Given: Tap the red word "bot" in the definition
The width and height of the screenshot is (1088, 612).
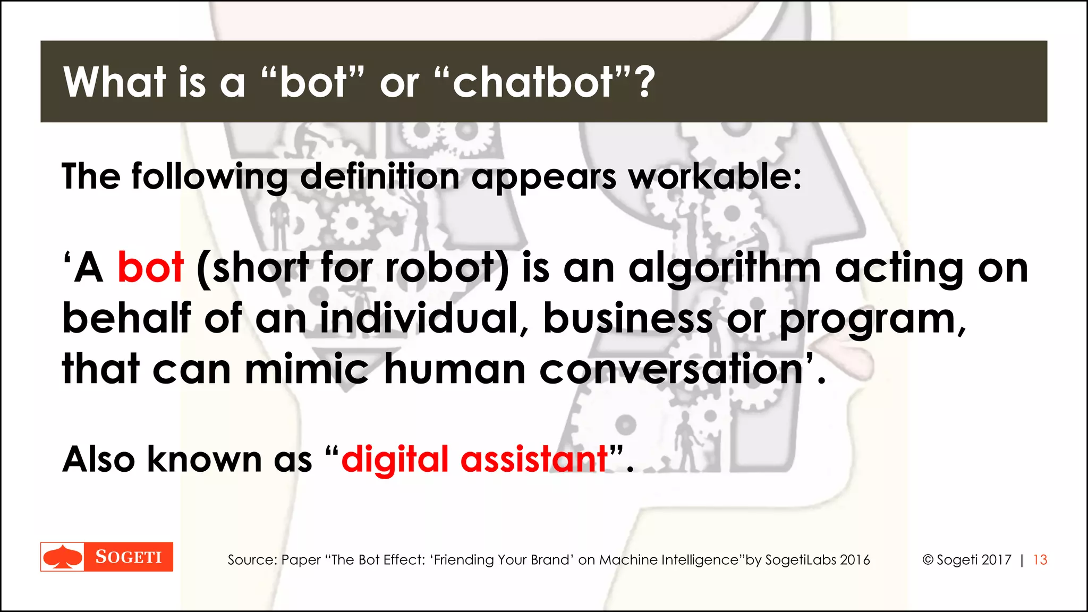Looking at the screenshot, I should pyautogui.click(x=150, y=267).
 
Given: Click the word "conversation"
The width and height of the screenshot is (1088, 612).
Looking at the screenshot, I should pyautogui.click(x=671, y=369).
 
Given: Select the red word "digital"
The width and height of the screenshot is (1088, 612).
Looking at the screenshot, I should pyautogui.click(x=395, y=460).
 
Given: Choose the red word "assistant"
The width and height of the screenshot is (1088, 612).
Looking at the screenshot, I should pyautogui.click(x=534, y=459).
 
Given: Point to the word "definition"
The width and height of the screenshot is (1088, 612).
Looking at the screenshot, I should pyautogui.click(x=380, y=176).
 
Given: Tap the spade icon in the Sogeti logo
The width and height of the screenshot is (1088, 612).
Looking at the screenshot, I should pyautogui.click(x=63, y=557).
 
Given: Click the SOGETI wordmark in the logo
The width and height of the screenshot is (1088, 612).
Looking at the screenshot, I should pyautogui.click(x=129, y=557).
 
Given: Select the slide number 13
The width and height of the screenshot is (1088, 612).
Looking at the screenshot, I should pyautogui.click(x=1040, y=560).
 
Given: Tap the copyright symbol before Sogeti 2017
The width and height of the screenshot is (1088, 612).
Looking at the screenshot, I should pyautogui.click(x=928, y=560).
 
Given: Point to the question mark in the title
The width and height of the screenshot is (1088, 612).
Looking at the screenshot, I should pyautogui.click(x=645, y=83).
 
